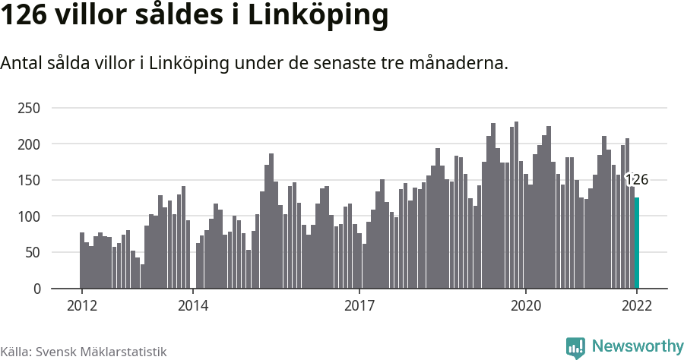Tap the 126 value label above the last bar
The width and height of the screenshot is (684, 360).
point(636,180)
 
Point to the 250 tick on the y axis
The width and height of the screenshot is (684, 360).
point(28,108)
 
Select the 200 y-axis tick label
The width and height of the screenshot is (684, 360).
point(28,144)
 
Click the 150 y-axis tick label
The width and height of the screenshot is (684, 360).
point(28,180)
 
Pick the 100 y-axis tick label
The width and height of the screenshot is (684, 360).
point(28,216)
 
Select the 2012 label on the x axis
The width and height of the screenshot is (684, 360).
point(81,305)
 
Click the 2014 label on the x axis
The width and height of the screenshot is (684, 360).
point(193,305)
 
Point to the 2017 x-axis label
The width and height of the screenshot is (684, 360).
point(359,305)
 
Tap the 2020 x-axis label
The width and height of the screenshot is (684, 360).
point(526,305)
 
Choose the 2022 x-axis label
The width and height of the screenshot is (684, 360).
point(637,305)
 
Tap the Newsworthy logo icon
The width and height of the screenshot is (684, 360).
point(575,347)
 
